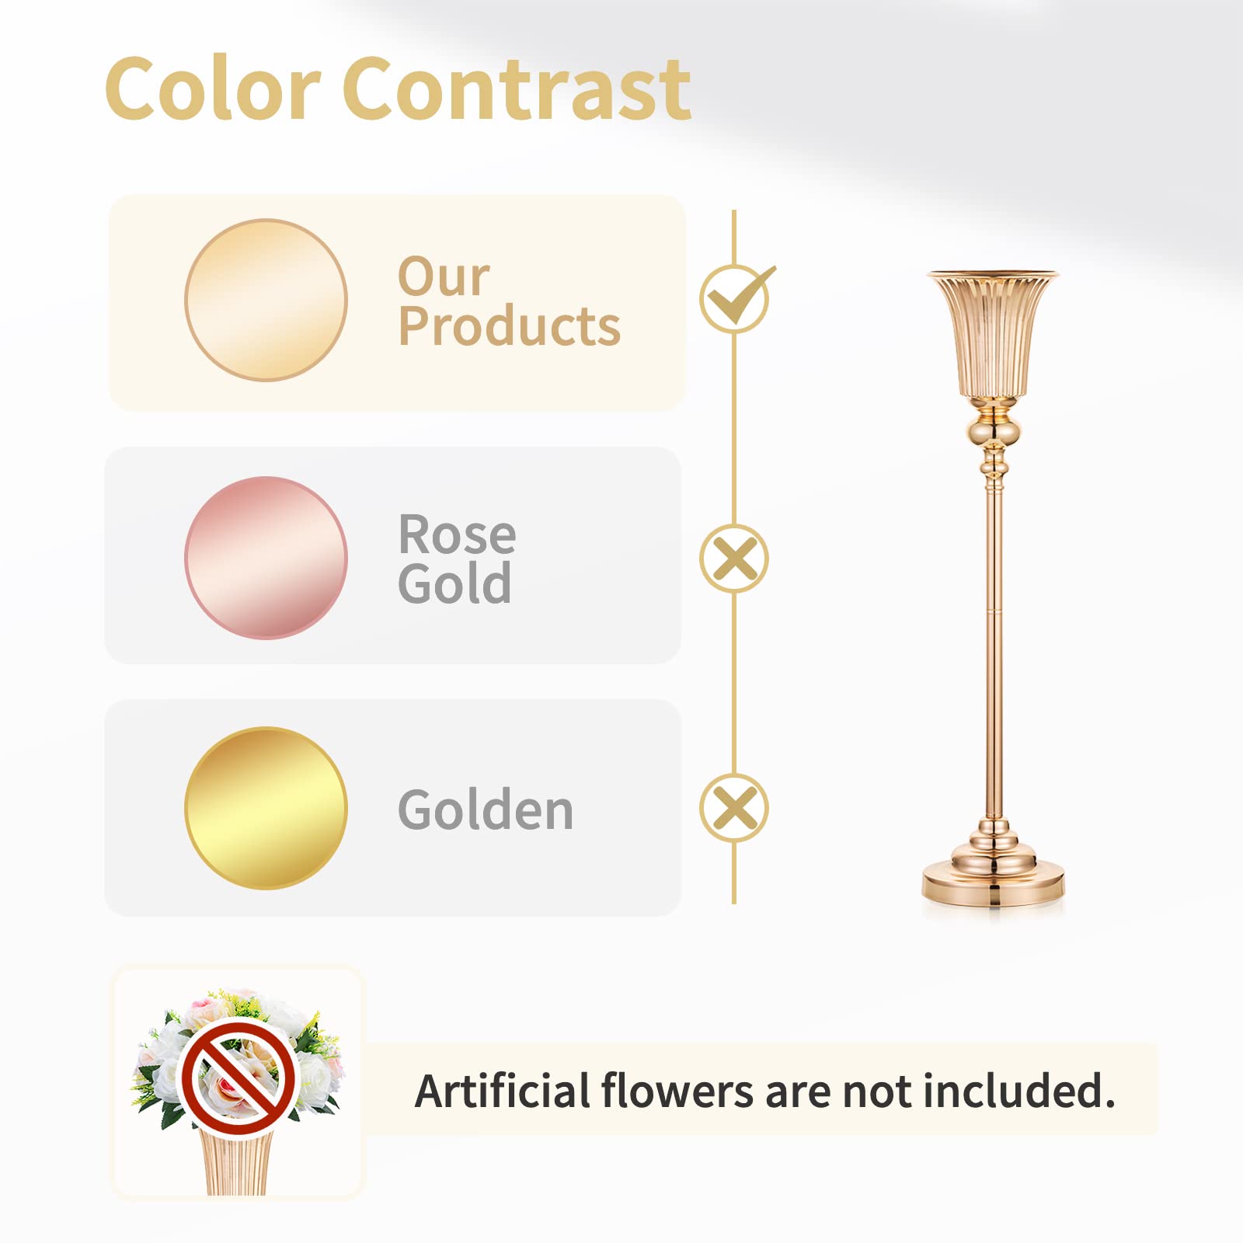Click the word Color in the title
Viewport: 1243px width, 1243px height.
pos(213,89)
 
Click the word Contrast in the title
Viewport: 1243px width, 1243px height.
pos(517,89)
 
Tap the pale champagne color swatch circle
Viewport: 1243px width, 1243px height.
pos(266,300)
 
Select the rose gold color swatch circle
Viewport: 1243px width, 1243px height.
pos(266,558)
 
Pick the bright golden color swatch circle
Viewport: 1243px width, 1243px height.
pos(266,808)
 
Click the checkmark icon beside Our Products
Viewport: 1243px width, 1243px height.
pos(736,298)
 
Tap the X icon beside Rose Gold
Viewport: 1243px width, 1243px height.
pos(734,559)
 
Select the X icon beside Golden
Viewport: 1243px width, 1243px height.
pos(734,808)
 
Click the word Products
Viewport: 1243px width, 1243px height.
pos(510,326)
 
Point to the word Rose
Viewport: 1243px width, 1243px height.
pos(457,534)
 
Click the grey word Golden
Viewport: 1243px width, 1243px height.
pos(486,810)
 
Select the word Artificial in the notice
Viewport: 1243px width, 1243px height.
pos(503,1090)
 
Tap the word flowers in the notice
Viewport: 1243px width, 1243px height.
pos(677,1090)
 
